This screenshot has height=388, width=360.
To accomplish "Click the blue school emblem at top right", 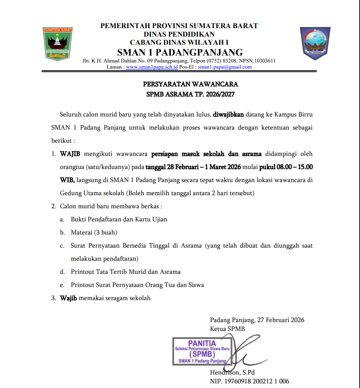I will [x=315, y=43].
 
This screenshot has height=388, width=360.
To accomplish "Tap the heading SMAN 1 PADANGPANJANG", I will [x=180, y=52].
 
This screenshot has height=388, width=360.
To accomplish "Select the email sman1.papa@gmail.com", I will [x=225, y=67].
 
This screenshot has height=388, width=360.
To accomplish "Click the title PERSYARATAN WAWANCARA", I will [x=191, y=84].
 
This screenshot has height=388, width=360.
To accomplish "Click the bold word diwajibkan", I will [x=228, y=115].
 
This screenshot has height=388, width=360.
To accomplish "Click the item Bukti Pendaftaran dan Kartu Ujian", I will [x=119, y=219].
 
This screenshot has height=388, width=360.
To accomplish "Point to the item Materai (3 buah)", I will [x=94, y=232].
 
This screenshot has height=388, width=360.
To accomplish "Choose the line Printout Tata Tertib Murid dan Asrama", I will [x=125, y=272].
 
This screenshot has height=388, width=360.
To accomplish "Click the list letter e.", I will [x=62, y=285].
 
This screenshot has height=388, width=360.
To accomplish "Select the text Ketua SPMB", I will [x=227, y=329].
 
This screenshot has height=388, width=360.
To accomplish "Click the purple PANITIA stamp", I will [x=202, y=351].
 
